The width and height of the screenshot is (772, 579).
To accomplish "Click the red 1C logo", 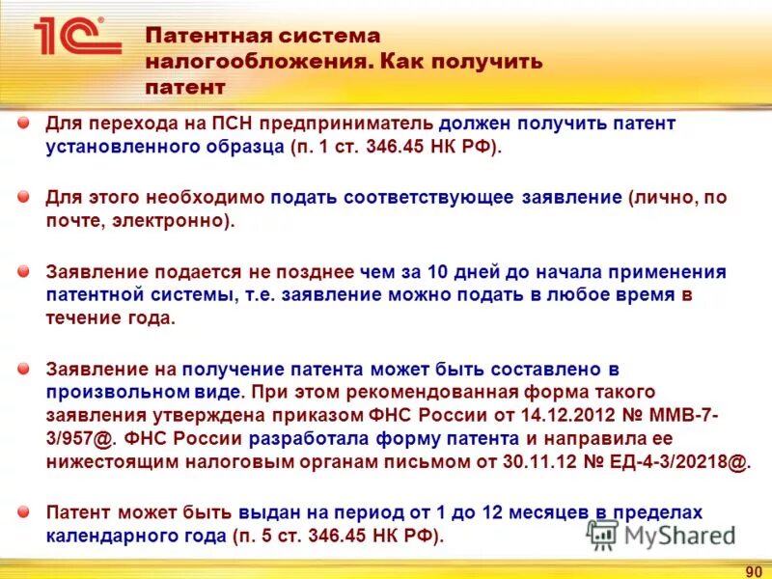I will pyautogui.click(x=75, y=38).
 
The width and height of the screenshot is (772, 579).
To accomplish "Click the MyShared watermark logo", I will pyautogui.click(x=661, y=535).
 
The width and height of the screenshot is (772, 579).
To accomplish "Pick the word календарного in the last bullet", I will pyautogui.click(x=109, y=536).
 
